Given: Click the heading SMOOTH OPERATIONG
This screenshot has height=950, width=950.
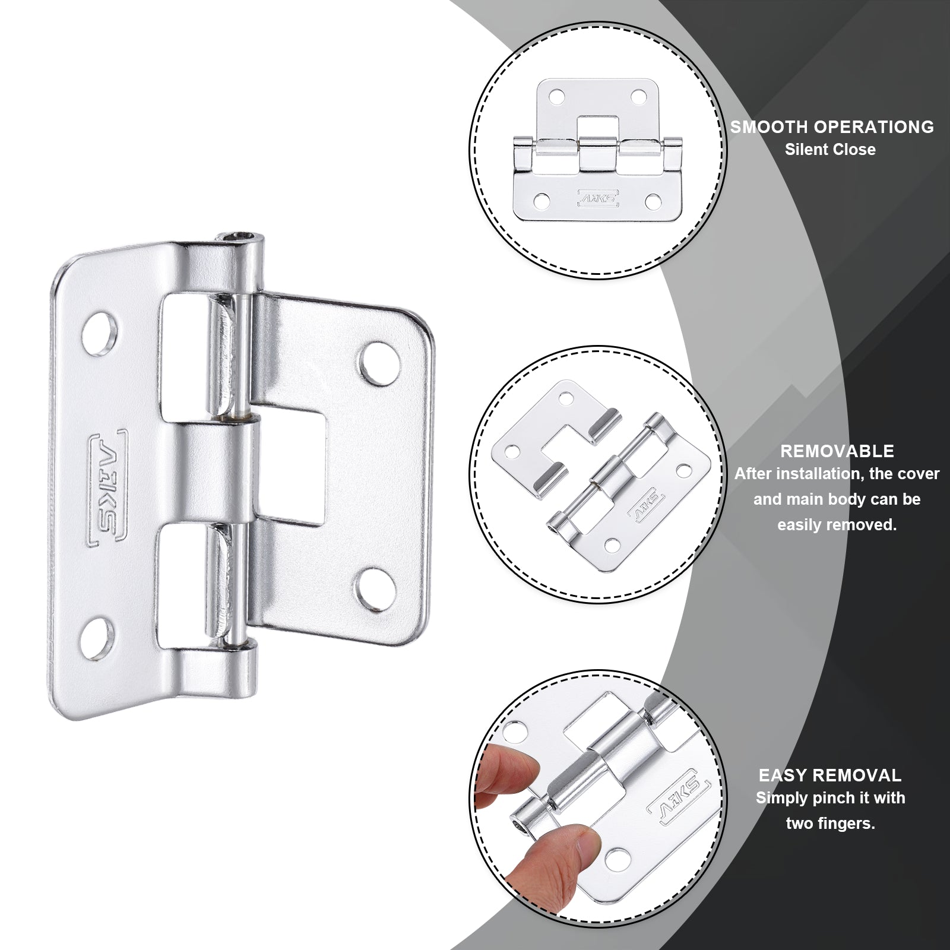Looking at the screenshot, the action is click(x=832, y=127).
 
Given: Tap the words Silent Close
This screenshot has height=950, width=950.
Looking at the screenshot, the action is click(x=830, y=150).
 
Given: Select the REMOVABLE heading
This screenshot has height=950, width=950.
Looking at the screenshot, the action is click(x=837, y=451).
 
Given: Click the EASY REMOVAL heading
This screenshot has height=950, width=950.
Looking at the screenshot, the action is click(x=830, y=775).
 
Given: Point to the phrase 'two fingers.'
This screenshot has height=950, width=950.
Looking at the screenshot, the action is click(x=830, y=824).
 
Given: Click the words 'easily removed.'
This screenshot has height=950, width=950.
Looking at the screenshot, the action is click(x=837, y=525).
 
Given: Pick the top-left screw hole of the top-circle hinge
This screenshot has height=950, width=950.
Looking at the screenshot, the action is click(x=556, y=94).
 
